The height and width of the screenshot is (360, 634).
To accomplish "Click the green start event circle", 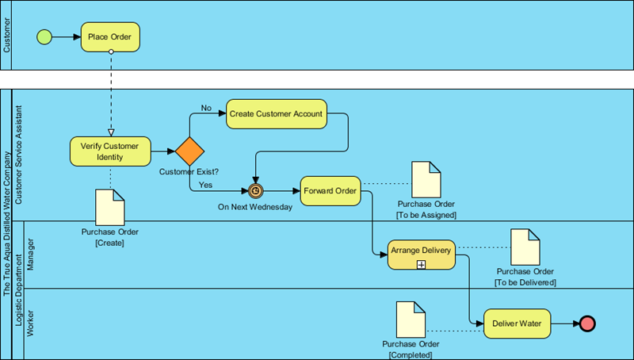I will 44,36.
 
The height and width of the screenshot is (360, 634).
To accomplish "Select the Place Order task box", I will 110,36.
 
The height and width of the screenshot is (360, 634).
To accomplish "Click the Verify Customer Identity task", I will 110,151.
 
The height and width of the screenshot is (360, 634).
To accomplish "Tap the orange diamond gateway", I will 190,151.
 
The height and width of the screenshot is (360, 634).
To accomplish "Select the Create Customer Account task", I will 276,113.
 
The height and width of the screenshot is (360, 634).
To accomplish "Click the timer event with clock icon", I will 255,191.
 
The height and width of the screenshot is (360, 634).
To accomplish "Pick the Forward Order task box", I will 330,190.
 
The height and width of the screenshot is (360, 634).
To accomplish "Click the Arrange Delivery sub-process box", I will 421,254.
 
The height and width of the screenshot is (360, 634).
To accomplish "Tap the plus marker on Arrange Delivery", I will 421,264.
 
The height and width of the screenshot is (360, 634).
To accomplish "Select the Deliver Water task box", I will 517,324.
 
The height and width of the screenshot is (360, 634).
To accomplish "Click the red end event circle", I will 587,324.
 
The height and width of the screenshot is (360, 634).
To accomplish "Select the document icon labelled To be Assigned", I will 426,180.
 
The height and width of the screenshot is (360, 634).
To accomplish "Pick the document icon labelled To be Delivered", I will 525,247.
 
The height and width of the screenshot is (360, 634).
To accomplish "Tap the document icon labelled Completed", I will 411,318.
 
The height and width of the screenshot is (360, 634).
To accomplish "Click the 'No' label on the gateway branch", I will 206,108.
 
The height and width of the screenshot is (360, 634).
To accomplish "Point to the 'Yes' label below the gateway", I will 205,185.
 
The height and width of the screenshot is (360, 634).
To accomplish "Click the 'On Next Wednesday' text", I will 255,207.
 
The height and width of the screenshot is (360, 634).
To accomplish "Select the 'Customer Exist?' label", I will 189,172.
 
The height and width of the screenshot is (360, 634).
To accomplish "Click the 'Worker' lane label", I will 31,324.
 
